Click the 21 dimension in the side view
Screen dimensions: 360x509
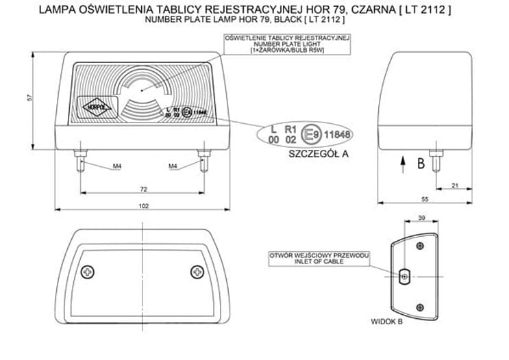point(455,184)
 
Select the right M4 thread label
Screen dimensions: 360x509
point(173,166)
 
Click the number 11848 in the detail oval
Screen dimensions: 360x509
point(336,133)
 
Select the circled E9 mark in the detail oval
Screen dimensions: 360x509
point(310,133)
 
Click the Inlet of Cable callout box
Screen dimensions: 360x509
point(319,258)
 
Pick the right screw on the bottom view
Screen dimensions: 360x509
point(197,272)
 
